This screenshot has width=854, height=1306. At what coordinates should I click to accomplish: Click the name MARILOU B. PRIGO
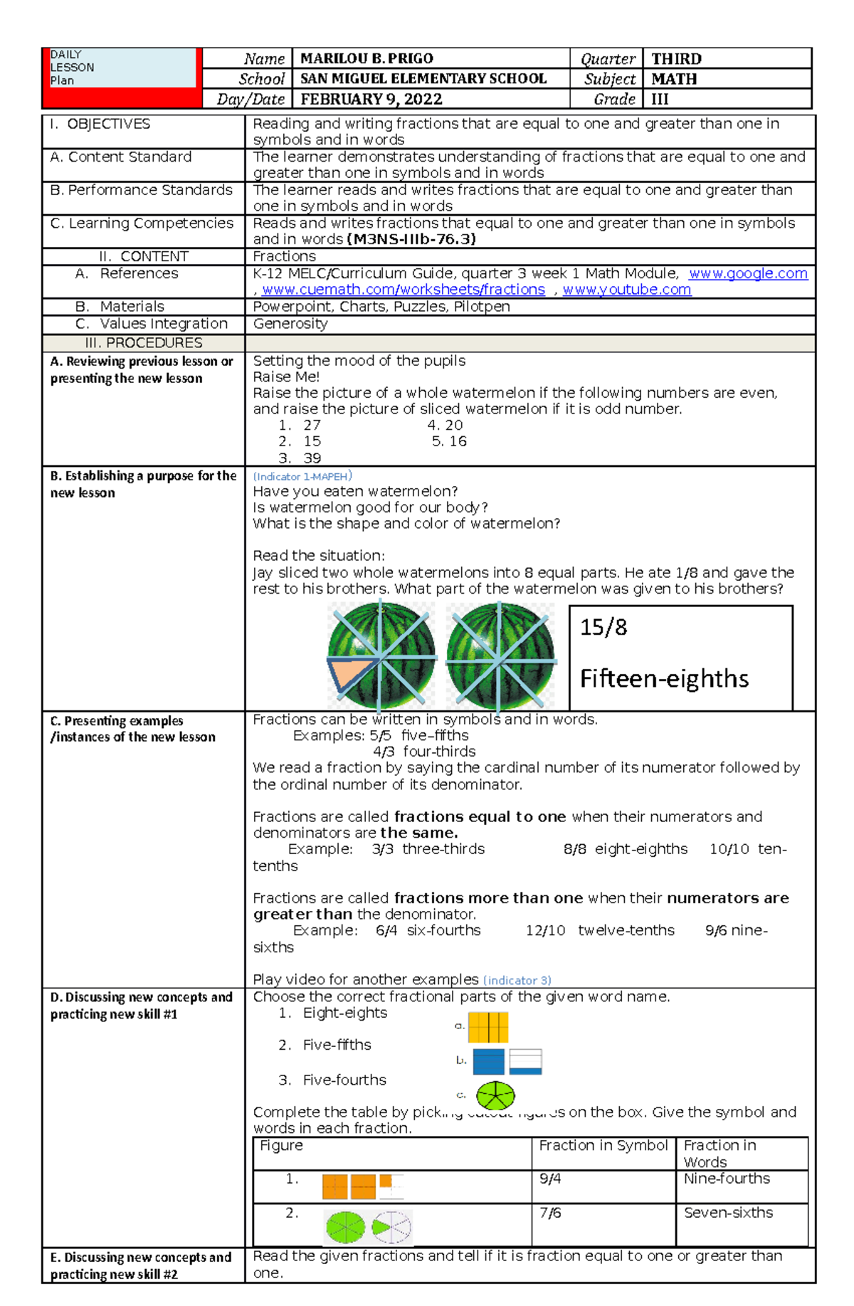pos(367,59)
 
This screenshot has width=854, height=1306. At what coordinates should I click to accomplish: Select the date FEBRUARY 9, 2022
pos(371,99)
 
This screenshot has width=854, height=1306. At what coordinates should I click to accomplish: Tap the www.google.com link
pos(748,273)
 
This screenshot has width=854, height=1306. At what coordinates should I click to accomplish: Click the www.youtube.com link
pos(626,290)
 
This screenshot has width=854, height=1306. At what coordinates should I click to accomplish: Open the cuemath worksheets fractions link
pos(403,290)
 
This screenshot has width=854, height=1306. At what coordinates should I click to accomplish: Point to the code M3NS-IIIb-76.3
pos(411,240)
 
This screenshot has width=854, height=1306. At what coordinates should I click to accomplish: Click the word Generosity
pos(290,324)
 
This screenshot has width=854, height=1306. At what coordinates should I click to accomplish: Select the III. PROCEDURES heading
pos(144,343)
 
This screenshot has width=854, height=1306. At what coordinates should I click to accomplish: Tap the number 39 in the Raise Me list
pos(312,458)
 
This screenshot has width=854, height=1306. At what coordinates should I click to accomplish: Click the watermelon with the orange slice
pos(381,656)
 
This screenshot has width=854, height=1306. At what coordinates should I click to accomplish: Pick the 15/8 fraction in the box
pos(603,628)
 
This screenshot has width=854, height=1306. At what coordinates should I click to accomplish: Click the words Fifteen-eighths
pos(663,679)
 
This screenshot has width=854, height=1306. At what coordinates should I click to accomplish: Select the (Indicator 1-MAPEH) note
pos(302,476)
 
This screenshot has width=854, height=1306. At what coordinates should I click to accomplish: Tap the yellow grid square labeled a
pos(488,1027)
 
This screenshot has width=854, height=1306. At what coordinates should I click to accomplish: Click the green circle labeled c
pos(495,1095)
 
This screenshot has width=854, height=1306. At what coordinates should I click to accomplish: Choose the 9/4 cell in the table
pos(550,1179)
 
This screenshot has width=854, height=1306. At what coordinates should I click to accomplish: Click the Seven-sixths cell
pos(728,1213)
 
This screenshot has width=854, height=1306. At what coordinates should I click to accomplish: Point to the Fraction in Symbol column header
pos(603,1146)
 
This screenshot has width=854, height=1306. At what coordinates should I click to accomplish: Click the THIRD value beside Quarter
pos(676,59)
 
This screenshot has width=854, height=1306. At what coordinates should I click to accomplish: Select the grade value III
pos(660,99)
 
